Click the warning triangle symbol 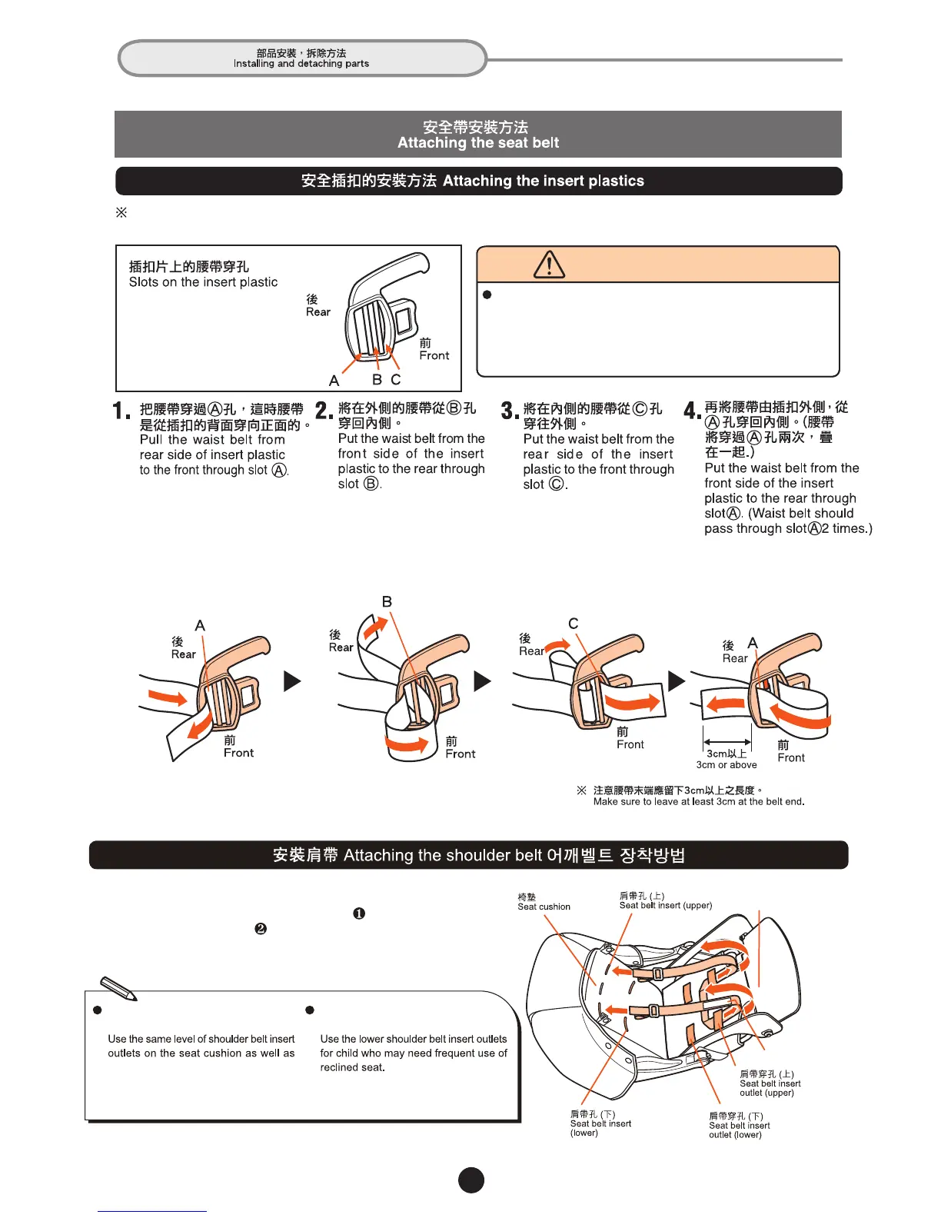(x=549, y=265)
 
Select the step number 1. (x=121, y=411)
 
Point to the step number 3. (x=509, y=411)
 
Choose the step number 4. (x=692, y=411)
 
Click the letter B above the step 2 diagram (x=387, y=601)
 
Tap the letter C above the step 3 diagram (x=573, y=623)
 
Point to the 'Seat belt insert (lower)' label (x=600, y=1123)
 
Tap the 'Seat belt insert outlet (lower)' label (x=739, y=1125)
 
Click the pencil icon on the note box (x=118, y=988)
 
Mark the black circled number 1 (x=359, y=913)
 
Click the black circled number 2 (x=261, y=929)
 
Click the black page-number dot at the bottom (x=471, y=1180)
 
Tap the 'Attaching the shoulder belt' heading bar (x=468, y=855)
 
